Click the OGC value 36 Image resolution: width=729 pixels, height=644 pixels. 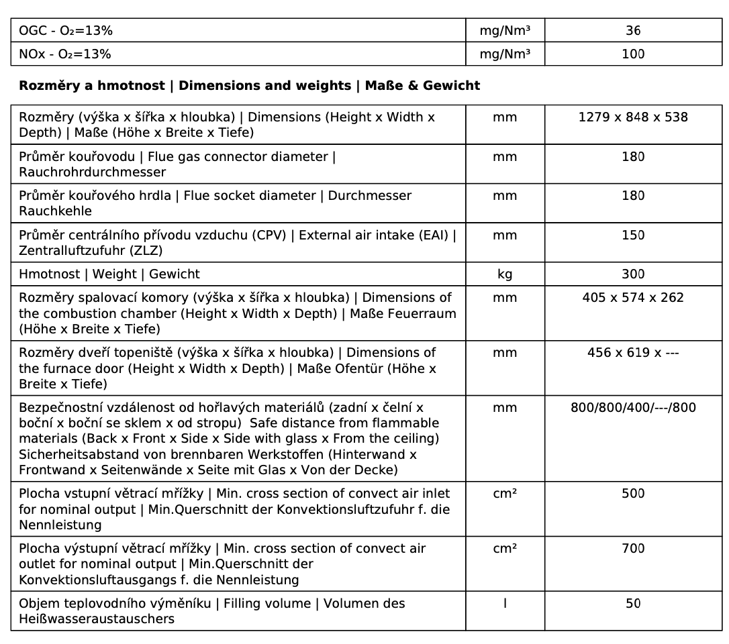pos(633,30)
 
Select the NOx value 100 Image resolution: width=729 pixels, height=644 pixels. pos(633,54)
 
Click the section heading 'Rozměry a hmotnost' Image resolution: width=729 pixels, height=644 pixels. pos(92,86)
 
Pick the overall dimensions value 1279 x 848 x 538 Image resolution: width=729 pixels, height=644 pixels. pos(633,117)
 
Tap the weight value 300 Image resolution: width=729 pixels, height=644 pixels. pos(633,274)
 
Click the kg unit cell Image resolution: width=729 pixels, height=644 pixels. pos(505,274)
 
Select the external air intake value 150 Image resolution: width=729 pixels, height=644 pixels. pos(633,235)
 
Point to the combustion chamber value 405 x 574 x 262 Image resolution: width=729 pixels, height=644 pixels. pos(633,298)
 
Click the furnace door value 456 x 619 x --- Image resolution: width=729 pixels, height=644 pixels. pos(633,353)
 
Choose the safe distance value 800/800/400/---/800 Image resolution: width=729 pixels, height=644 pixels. pos(633,408)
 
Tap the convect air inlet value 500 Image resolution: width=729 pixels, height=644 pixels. pos(633,494)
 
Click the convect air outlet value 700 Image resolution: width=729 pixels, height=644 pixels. pos(633,549)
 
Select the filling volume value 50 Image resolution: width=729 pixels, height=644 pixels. pos(633,604)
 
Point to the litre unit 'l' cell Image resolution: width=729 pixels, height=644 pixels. pos(505,604)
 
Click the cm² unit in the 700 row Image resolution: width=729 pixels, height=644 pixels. pos(505,549)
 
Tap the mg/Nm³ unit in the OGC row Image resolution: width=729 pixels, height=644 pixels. pos(505,30)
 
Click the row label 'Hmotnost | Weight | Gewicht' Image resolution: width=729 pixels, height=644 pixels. pos(109,274)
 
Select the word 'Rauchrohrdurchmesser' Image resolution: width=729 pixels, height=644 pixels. pos(93,172)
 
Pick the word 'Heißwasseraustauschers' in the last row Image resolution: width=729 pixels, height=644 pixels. pos(97,619)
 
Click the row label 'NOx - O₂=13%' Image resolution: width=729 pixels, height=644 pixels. pos(65,54)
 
